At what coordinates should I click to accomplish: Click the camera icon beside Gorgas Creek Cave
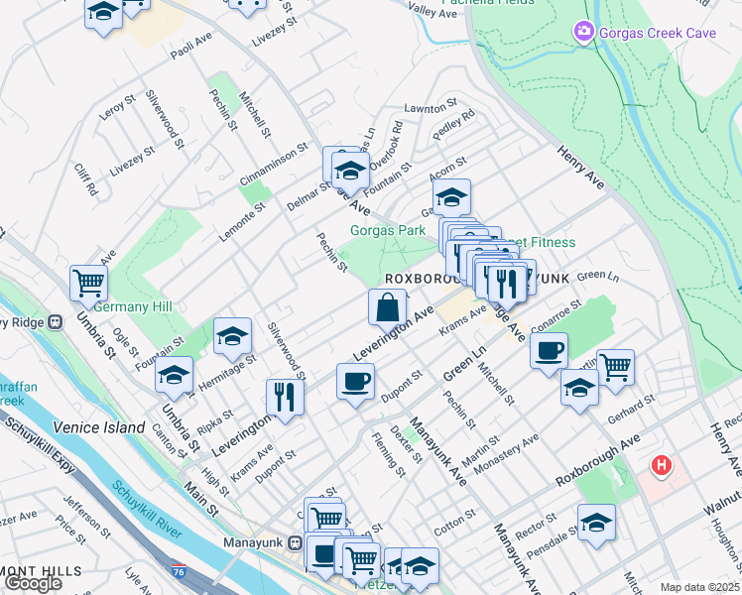click(583, 33)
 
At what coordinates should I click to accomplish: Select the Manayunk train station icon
click(295, 541)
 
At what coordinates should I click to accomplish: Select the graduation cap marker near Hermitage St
click(232, 337)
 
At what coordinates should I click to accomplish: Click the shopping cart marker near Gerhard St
click(615, 367)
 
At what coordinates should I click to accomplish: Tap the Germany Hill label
click(133, 306)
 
